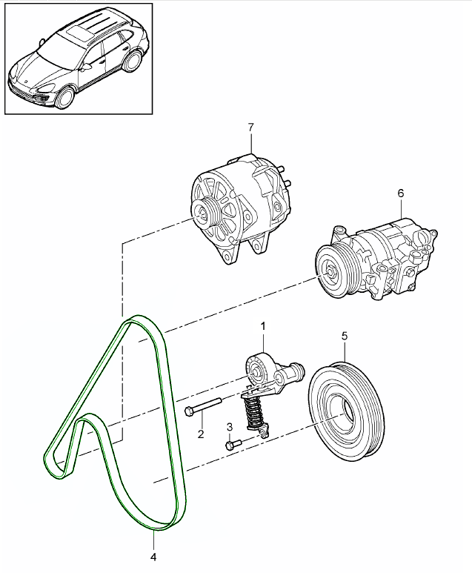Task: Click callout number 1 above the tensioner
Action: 263,325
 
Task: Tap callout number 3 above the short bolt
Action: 229,427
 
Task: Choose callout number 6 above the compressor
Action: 401,193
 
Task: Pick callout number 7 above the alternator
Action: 250,127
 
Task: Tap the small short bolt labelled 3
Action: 232,445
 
